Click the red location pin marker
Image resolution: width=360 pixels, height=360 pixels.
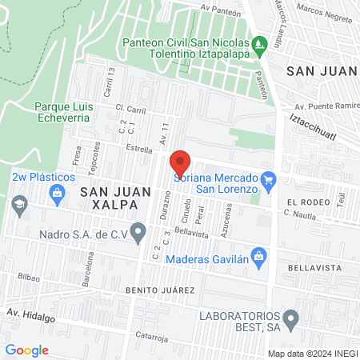180,162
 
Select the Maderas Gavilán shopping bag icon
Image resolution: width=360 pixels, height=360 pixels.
258,257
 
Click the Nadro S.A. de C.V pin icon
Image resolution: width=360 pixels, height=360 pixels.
138,234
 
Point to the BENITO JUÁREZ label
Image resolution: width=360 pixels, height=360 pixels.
159,289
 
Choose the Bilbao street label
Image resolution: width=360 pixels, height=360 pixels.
28,275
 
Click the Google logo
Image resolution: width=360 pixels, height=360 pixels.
26,350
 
